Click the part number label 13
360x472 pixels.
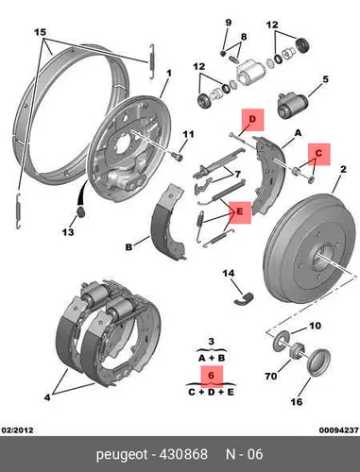(68, 232)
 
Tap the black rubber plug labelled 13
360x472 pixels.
(81, 211)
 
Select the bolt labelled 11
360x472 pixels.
(178, 156)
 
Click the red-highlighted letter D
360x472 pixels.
(252, 119)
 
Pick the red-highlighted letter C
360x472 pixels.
(318, 154)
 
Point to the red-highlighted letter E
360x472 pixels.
(240, 211)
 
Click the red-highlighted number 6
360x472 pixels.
(211, 376)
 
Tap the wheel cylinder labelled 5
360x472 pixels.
(292, 105)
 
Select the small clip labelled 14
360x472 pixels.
(245, 298)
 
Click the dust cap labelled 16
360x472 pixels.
(318, 362)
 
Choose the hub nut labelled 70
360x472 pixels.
(297, 350)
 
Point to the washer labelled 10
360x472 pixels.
(280, 342)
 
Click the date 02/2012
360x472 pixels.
(18, 430)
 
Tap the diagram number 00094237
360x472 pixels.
(339, 430)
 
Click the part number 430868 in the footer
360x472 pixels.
(184, 454)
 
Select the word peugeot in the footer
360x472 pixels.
(122, 455)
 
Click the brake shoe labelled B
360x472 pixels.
(168, 222)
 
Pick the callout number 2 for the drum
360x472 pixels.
(343, 169)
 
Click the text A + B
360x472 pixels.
(212, 358)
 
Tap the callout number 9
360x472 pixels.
(229, 23)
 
